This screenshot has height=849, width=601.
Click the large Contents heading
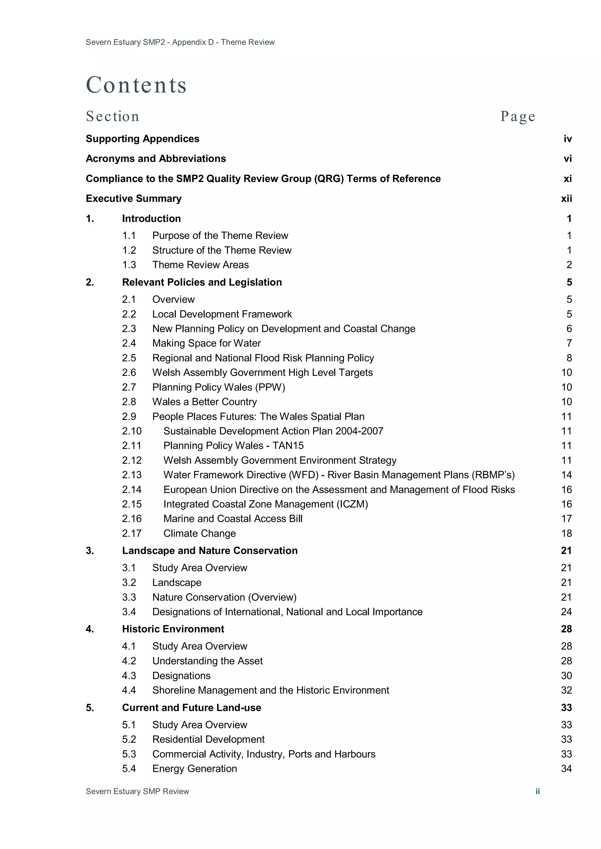136,85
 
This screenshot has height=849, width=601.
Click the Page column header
517,116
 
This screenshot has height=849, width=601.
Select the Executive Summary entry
134,198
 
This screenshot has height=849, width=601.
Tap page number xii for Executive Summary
566,198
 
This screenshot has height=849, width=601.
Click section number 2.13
132,475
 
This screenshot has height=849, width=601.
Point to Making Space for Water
207,343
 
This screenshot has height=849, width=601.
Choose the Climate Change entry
200,533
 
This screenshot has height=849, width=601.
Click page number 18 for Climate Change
566,533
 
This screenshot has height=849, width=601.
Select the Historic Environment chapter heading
173,629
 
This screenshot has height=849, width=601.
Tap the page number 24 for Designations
566,612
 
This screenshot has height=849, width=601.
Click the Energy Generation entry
195,768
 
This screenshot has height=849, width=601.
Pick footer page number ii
537,791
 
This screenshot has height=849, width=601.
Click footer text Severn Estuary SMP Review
137,791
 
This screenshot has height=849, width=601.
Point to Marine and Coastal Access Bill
233,518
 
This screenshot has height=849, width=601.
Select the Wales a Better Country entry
204,402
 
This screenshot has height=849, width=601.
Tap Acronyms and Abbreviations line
156,159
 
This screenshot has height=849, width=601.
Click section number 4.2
129,661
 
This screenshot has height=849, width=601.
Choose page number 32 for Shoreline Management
566,690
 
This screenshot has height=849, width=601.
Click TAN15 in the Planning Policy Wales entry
288,446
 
